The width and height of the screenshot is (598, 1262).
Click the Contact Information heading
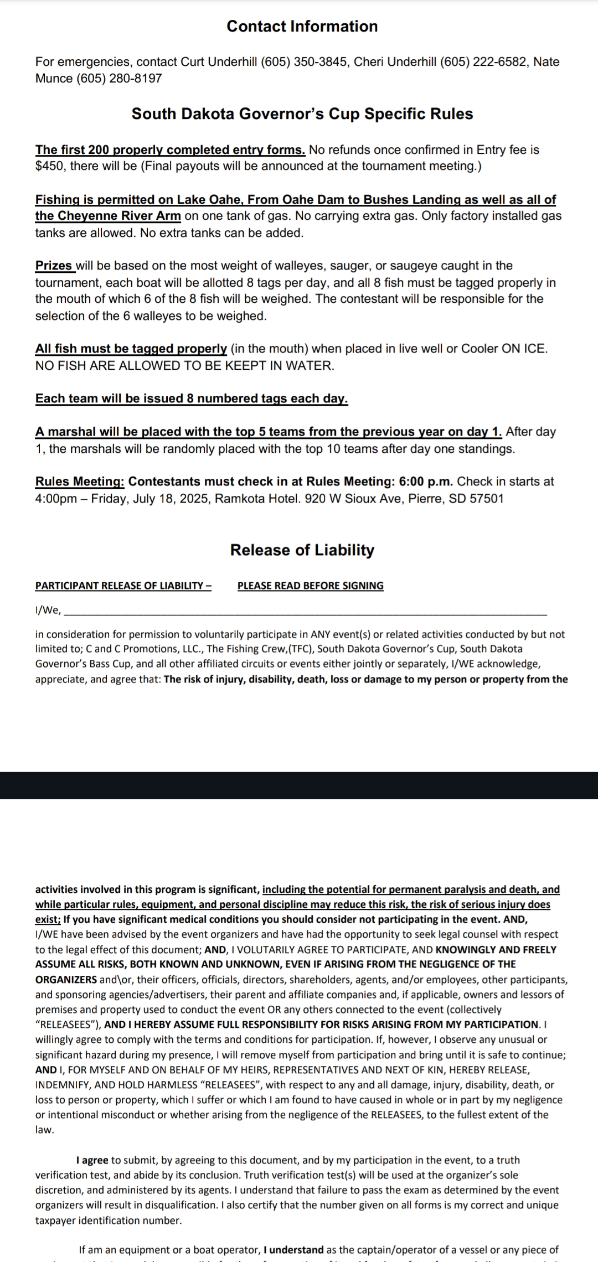pyautogui.click(x=302, y=27)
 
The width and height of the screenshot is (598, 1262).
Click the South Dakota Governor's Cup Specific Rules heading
pyautogui.click(x=302, y=114)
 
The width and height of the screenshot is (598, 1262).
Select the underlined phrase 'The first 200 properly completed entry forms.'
pyautogui.click(x=170, y=150)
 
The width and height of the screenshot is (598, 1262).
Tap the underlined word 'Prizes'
pyautogui.click(x=54, y=266)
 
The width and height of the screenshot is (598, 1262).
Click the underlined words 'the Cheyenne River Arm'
pyautogui.click(x=108, y=216)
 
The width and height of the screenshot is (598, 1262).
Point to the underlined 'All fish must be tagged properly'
pyautogui.click(x=131, y=349)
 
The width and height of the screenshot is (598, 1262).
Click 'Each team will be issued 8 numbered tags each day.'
pyautogui.click(x=192, y=399)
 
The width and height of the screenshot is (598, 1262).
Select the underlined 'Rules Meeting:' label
pyautogui.click(x=80, y=482)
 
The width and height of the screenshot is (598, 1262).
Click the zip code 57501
pyautogui.click(x=487, y=499)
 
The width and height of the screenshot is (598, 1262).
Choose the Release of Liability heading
pyautogui.click(x=302, y=550)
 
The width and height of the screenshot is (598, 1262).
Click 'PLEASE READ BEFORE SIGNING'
pyautogui.click(x=310, y=586)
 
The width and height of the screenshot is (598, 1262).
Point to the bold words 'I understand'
pyautogui.click(x=293, y=1250)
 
